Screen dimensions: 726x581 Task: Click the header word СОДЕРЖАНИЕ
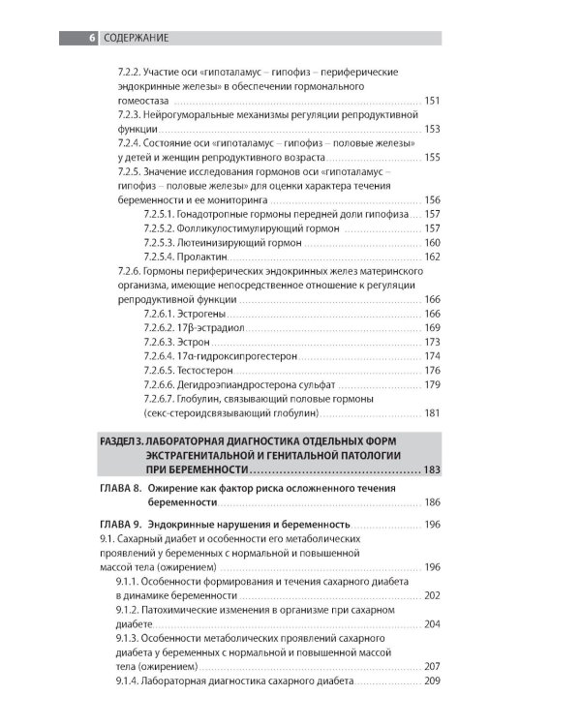[x=136, y=38]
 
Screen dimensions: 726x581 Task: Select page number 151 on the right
[x=432, y=101]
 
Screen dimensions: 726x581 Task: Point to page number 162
[x=432, y=257]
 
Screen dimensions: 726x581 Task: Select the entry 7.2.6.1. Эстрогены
[x=185, y=314]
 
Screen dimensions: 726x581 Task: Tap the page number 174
[x=432, y=356]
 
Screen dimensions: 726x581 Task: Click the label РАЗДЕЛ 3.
[x=123, y=440]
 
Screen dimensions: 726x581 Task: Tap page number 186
[x=432, y=503]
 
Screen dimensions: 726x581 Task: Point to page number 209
[x=432, y=681]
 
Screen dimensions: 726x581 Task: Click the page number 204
[x=432, y=624]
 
